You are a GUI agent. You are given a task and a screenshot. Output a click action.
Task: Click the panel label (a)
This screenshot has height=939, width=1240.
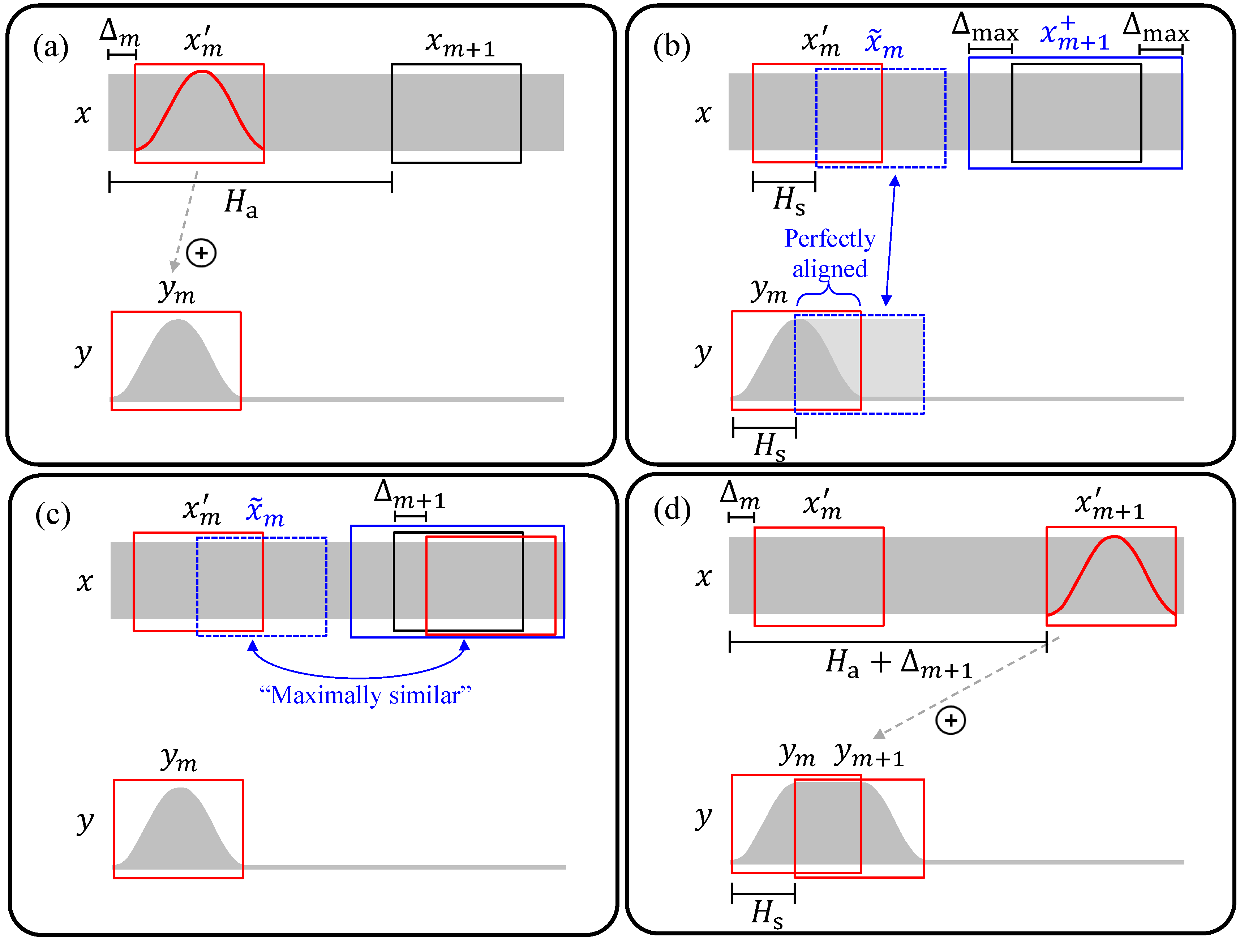tap(51, 47)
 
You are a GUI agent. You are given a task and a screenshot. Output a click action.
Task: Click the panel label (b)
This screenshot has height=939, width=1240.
tap(671, 47)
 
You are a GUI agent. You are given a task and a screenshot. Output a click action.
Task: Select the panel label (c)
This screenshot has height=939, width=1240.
tap(53, 515)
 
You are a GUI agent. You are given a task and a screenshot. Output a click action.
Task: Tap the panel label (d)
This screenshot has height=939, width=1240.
tap(672, 510)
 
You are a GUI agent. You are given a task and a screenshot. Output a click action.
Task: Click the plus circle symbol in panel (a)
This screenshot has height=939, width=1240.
tap(201, 253)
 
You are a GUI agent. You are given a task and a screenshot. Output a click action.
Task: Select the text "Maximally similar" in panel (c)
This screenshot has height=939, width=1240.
tap(365, 696)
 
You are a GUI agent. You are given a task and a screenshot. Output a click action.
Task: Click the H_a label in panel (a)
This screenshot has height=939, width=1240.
tap(241, 203)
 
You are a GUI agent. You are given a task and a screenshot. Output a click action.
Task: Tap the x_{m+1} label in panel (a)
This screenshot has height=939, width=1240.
tap(460, 44)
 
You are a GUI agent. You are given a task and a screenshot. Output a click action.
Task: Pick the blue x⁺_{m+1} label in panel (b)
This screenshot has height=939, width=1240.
tap(1074, 35)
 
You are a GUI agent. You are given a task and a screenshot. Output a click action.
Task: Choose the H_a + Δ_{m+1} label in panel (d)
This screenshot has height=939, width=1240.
tap(898, 663)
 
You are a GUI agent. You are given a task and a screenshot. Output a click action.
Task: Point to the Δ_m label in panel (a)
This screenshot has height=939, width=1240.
tap(119, 33)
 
